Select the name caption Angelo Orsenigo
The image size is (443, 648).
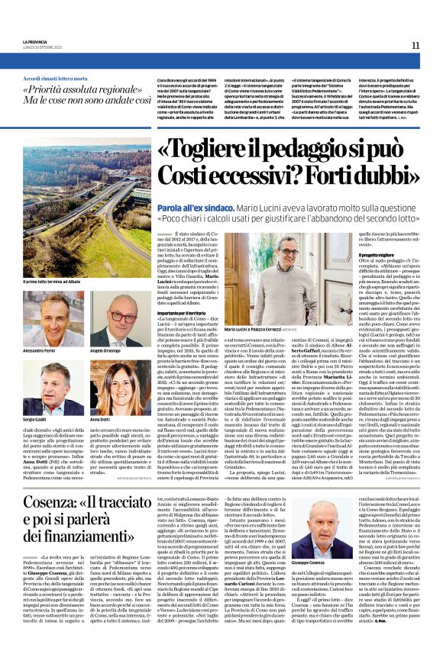(107, 351)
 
